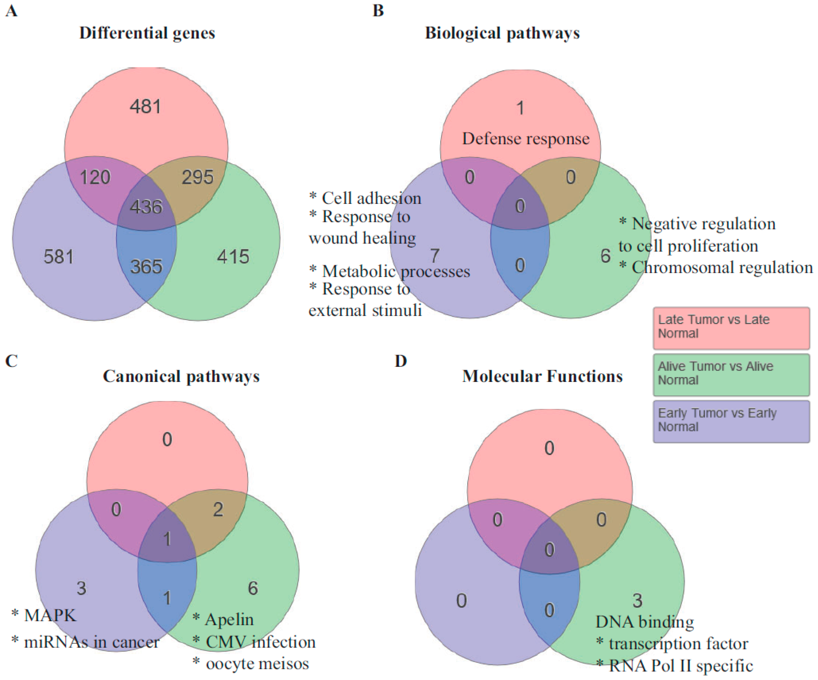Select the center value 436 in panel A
coord(146,207)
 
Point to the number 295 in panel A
coord(198,177)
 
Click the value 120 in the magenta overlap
coord(95,177)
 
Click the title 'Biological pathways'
coord(502,33)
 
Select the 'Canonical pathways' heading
coord(181,377)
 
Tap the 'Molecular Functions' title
coord(542,377)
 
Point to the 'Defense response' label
coord(526,139)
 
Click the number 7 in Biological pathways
coord(435,256)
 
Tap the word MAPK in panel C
coord(50,616)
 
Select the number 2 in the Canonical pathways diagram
coord(218,510)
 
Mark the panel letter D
coord(401,361)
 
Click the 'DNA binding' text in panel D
coord(645,622)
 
